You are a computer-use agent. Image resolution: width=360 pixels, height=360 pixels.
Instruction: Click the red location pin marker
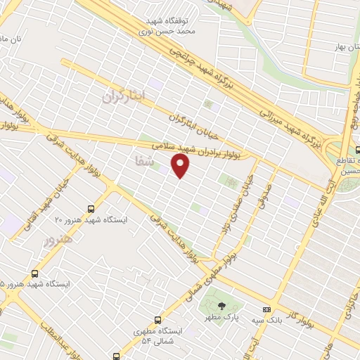pyautogui.click(x=181, y=166)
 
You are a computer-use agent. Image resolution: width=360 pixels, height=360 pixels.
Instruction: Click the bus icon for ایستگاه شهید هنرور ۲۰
pyautogui.click(x=90, y=208)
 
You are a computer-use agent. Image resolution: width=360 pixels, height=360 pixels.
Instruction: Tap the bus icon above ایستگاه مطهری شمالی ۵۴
pyautogui.click(x=157, y=320)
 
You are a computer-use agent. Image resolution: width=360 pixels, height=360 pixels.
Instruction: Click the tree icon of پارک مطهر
pyautogui.click(x=222, y=305)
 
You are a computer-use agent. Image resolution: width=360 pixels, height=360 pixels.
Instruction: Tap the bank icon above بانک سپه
pyautogui.click(x=266, y=309)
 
